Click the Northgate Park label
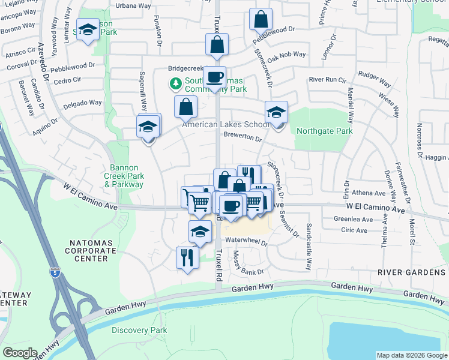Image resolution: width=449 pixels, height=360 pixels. (323, 131)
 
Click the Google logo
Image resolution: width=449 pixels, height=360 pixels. (20, 352)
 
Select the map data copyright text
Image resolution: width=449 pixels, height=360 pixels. (411, 355)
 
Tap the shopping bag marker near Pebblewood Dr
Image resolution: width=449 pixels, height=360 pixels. (261, 20)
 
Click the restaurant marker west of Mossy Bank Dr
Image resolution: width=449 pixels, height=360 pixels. (187, 257)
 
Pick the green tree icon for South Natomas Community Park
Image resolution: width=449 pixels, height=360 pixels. (176, 83)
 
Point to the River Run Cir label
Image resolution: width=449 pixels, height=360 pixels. (327, 79)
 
